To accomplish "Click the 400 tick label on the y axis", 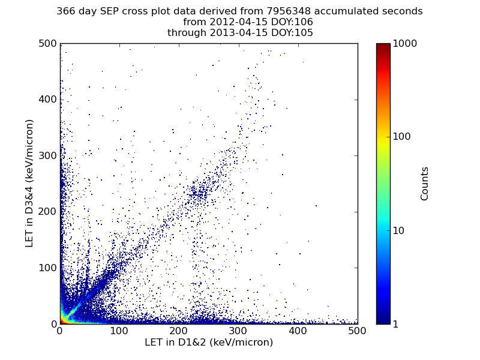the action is click(x=48, y=100).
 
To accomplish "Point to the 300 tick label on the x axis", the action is click(x=238, y=331).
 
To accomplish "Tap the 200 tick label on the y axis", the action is click(x=48, y=212).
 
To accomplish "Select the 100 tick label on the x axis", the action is click(x=119, y=331).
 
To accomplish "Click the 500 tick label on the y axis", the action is click(x=48, y=43).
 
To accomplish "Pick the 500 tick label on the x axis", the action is click(x=357, y=331).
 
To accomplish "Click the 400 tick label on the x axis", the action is click(x=298, y=331).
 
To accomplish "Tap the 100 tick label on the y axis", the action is click(x=48, y=268).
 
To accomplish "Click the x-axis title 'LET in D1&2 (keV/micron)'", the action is click(x=209, y=342).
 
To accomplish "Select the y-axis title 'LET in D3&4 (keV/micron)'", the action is click(x=29, y=184).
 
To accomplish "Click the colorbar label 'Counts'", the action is click(x=424, y=184).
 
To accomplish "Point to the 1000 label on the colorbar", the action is click(x=404, y=43).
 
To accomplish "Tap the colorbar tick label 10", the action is click(x=398, y=230).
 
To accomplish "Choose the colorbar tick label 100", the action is click(x=401, y=137).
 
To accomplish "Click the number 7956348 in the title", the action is click(x=289, y=11).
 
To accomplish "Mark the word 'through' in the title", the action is click(x=187, y=32).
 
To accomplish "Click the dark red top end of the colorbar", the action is click(x=383, y=44).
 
